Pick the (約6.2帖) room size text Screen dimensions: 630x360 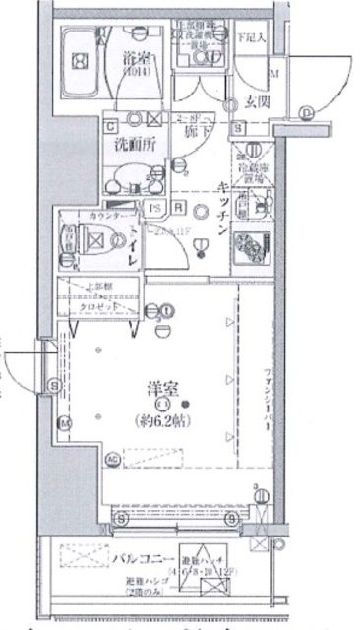click(x=159, y=424)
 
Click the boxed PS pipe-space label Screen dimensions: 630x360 click(x=156, y=207)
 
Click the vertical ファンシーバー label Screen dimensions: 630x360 click(x=267, y=394)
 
